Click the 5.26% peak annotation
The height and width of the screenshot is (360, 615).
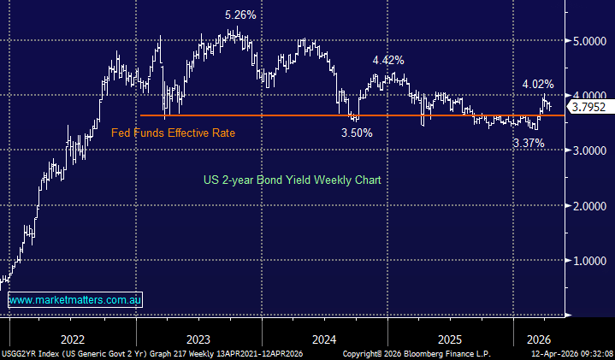tap(241, 15)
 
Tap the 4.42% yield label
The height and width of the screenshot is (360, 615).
tap(387, 60)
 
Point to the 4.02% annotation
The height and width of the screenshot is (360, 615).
tap(538, 85)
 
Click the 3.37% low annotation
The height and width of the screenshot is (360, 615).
tap(528, 144)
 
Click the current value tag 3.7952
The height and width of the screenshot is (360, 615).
tap(589, 108)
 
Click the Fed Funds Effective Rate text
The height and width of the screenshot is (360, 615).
tap(173, 133)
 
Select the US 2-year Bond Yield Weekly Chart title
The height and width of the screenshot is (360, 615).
tap(292, 180)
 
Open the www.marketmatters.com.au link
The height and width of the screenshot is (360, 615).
tap(75, 300)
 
